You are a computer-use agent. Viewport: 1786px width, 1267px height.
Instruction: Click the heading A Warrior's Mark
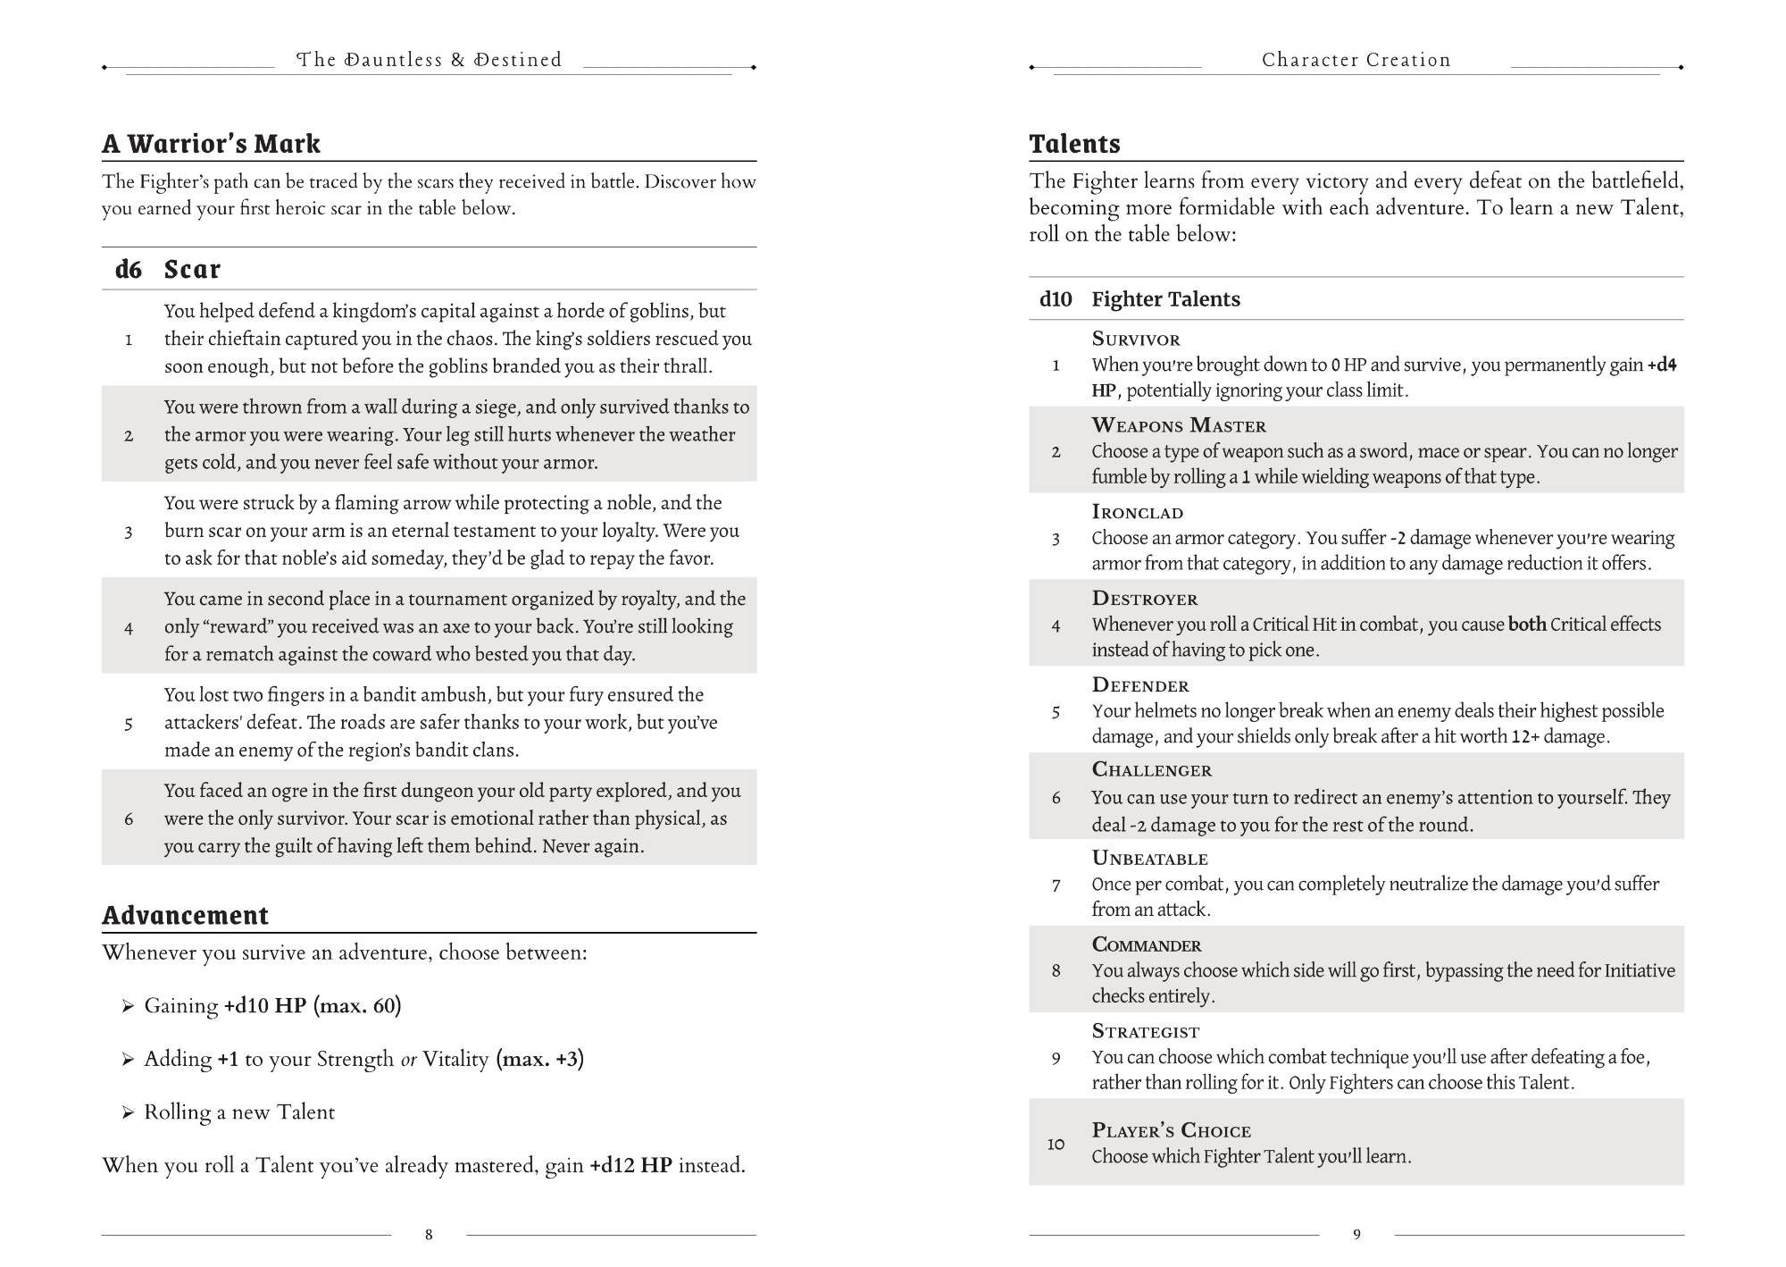[x=211, y=144]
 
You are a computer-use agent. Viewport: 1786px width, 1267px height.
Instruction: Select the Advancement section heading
[x=185, y=916]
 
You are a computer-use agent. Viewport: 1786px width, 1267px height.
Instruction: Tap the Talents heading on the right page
[x=1074, y=144]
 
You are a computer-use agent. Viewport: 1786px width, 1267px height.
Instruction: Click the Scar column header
[x=192, y=269]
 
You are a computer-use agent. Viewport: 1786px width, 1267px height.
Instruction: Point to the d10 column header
[x=1056, y=299]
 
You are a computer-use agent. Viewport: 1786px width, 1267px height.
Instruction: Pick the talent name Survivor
[x=1136, y=340]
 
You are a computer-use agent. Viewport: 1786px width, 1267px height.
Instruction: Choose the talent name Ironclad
[x=1137, y=513]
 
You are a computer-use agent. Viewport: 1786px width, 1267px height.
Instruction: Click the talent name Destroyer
[x=1144, y=600]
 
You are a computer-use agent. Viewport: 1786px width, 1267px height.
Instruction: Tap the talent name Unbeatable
[x=1149, y=859]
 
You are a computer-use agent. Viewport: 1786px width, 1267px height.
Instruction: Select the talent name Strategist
[x=1146, y=1032]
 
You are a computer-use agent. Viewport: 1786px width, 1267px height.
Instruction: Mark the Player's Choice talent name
[x=1171, y=1131]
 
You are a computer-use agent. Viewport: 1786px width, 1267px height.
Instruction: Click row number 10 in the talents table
[x=1056, y=1144]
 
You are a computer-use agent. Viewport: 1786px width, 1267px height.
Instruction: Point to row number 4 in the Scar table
[x=129, y=627]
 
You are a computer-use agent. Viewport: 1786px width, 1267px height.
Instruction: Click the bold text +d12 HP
[x=630, y=1166]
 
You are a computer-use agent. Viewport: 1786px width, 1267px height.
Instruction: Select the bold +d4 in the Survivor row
[x=1662, y=365]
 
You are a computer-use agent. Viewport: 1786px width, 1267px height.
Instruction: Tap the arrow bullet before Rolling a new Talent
[x=129, y=1113]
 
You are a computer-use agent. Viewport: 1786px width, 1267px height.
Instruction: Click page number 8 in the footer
[x=429, y=1235]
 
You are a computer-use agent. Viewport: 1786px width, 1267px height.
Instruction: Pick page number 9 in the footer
[x=1356, y=1235]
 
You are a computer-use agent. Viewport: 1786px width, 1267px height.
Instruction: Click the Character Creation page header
[x=1356, y=60]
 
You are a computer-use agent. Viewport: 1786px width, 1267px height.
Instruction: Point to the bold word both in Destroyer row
[x=1527, y=625]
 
